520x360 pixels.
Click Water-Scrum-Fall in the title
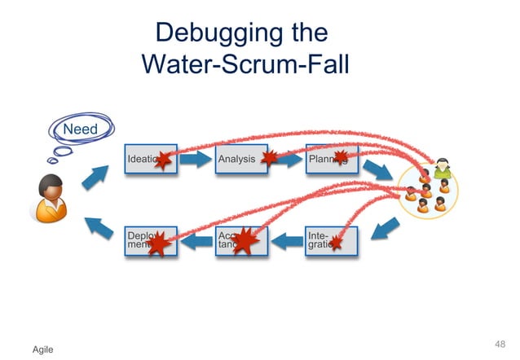click(x=245, y=64)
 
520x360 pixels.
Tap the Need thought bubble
click(x=81, y=130)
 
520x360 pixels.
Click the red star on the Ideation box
click(x=163, y=160)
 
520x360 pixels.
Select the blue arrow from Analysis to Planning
click(x=286, y=160)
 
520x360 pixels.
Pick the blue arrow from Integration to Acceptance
click(x=286, y=241)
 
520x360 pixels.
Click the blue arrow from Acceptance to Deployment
click(x=196, y=241)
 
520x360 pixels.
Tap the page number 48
click(x=500, y=342)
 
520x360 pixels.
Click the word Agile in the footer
click(x=42, y=349)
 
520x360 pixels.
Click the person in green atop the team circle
click(x=443, y=169)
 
